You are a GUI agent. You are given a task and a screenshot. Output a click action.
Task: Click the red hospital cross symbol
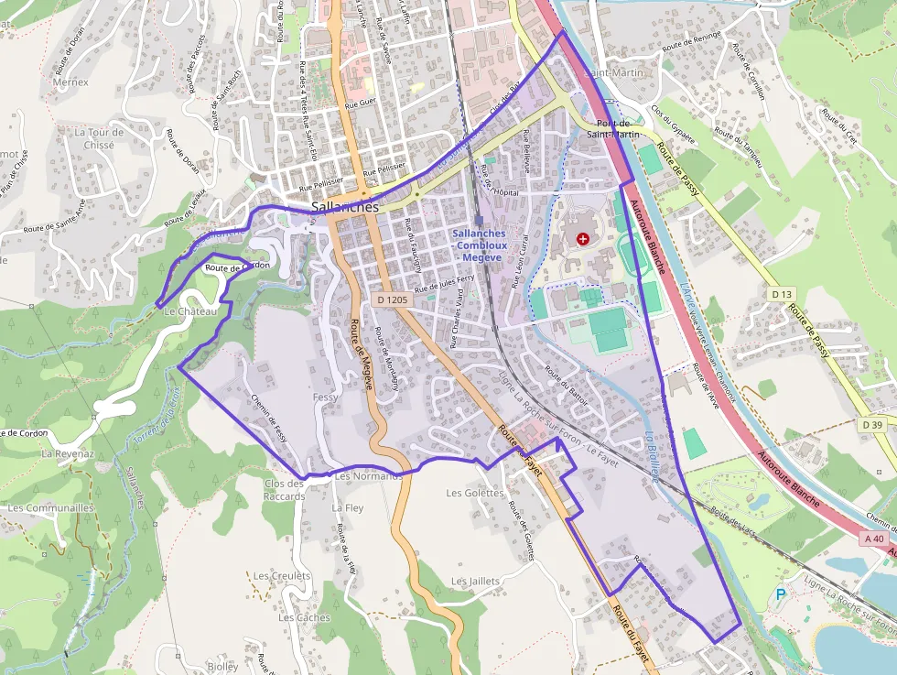coord(583,239)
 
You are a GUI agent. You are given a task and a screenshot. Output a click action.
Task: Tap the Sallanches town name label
coord(345,208)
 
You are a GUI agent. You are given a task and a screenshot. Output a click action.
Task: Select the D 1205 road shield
coord(393,299)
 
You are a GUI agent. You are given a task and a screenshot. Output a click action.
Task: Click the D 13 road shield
coord(781,294)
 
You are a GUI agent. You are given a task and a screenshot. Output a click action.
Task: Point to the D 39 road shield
coord(872,424)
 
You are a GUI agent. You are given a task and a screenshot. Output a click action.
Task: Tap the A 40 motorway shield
coord(874,539)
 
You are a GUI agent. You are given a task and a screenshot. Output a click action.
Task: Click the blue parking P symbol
coord(781,594)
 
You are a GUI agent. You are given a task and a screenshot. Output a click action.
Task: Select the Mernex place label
coord(70,82)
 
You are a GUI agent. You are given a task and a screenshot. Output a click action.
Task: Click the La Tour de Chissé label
coord(93,138)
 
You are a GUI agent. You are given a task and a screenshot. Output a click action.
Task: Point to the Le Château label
coord(190,311)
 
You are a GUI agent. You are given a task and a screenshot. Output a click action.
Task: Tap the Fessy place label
coord(325,397)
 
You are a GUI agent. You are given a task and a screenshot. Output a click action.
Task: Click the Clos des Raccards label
coord(284,490)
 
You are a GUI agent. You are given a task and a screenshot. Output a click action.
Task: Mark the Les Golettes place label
coord(475,493)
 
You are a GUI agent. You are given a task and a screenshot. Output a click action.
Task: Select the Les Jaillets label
coord(476,582)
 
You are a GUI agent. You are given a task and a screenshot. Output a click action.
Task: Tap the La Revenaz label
coord(68,453)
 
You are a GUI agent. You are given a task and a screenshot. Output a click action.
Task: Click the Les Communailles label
coord(50,507)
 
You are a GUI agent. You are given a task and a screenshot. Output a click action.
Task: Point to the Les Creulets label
coord(282,576)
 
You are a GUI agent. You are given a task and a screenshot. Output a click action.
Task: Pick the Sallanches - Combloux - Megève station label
coord(477,245)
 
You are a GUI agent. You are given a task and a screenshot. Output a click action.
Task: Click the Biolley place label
coord(222,667)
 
